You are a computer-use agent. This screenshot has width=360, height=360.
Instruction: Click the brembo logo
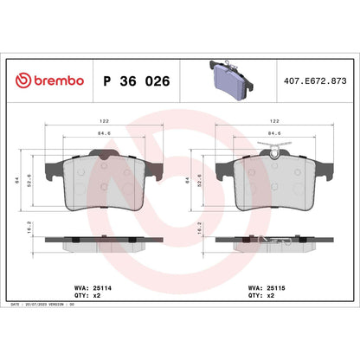tap(49, 80)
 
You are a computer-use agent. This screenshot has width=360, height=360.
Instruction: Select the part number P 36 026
tap(136, 80)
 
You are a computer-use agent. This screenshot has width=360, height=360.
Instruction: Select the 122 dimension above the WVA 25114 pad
tap(103, 122)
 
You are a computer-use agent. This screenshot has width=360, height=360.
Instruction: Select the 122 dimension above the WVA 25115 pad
tap(274, 122)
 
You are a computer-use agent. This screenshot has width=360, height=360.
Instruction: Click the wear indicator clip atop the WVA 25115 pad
tap(275, 154)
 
